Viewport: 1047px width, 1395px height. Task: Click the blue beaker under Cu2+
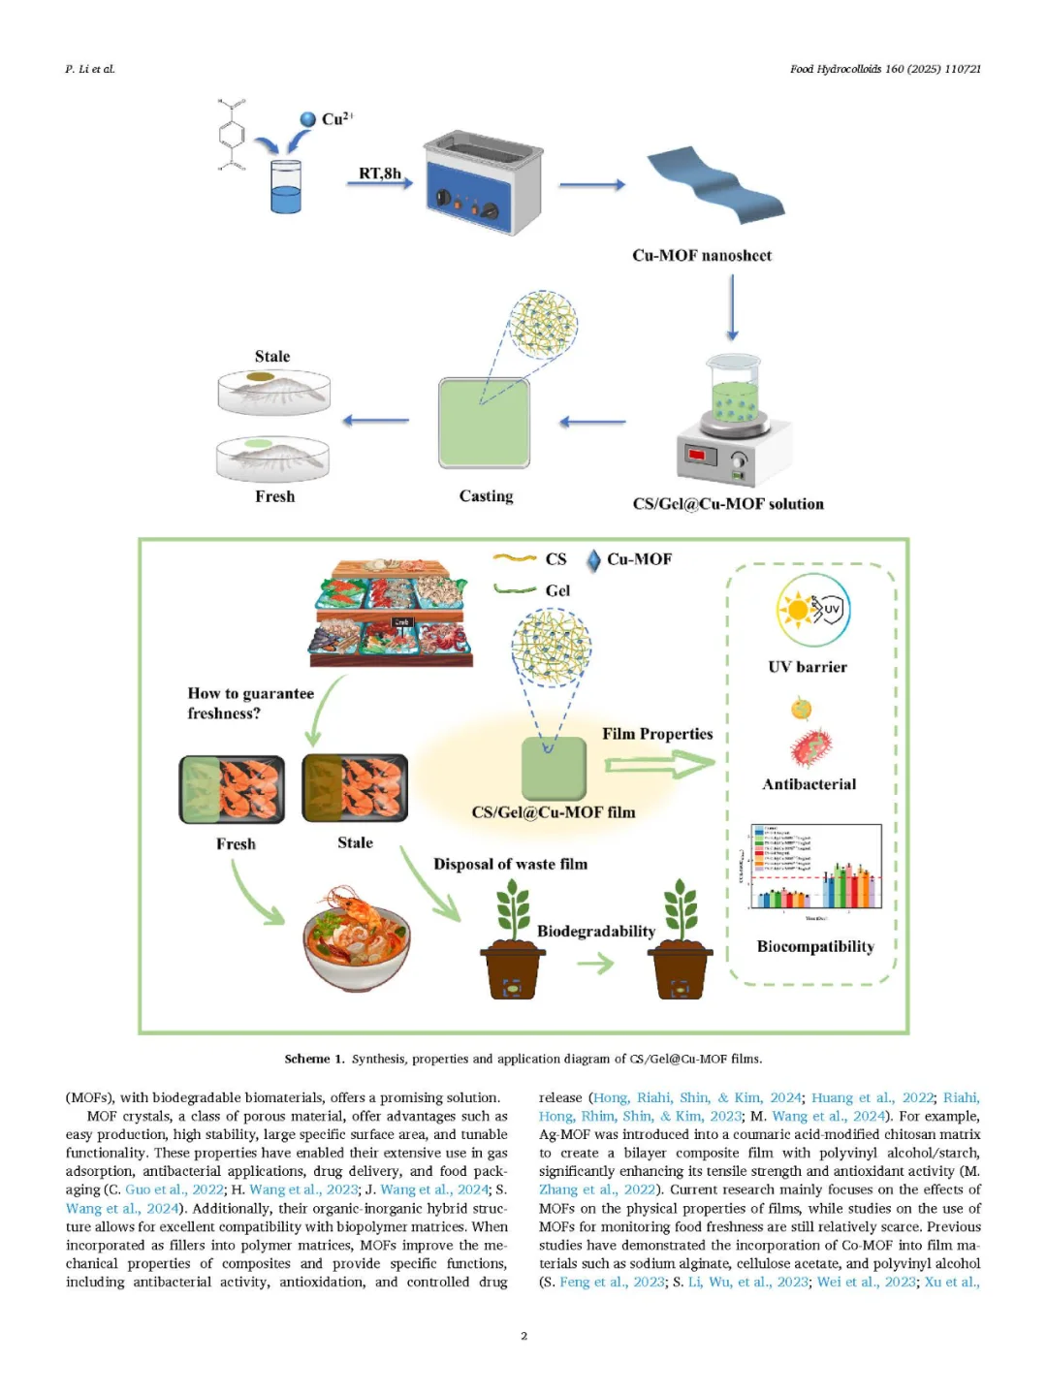point(286,187)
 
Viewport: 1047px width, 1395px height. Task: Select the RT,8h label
point(379,174)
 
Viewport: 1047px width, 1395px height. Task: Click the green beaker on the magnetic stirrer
point(733,389)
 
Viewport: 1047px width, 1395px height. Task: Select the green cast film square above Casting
point(485,423)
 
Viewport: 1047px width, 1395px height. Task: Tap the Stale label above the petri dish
point(272,357)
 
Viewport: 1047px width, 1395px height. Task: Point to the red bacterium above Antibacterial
point(810,747)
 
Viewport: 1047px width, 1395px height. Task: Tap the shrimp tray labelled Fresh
point(233,789)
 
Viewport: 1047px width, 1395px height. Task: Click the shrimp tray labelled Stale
point(355,787)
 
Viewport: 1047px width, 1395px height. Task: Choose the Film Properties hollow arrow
point(658,765)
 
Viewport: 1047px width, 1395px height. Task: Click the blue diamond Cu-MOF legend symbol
point(593,560)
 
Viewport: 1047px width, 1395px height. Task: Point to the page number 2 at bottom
point(523,1336)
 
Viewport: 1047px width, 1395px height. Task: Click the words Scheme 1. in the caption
point(314,1059)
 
